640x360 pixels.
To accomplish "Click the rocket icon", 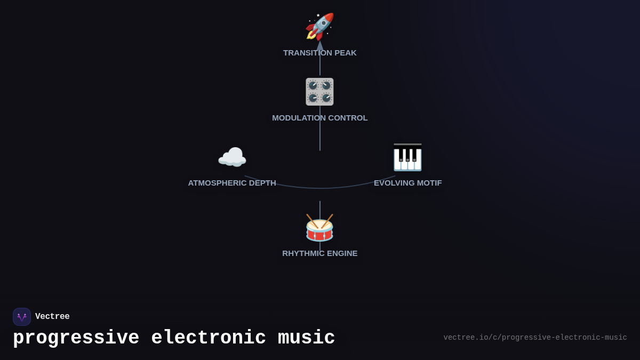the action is coord(319,27).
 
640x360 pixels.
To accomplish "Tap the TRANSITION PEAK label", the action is coord(319,53).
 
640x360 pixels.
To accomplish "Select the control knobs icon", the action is coord(319,92).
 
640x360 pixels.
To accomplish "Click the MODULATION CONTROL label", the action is coord(319,118).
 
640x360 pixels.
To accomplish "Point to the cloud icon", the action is coord(232,157).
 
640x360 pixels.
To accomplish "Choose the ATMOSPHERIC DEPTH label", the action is coord(232,183).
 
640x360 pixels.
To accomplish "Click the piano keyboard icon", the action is coord(407,157).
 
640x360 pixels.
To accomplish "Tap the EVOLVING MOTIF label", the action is coord(407,183).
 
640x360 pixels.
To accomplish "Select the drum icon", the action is coord(319,228).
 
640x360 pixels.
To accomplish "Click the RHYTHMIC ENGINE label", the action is coord(319,253).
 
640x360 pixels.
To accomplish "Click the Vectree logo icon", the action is coord(22,317).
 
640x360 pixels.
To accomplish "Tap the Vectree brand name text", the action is coord(52,317).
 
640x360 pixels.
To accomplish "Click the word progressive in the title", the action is coord(76,338).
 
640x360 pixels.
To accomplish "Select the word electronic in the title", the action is coord(209,338).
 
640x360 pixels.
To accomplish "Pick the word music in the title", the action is coord(306,338).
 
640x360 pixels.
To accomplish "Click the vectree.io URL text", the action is coord(535,338).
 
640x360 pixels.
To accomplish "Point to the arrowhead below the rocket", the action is coord(320,45).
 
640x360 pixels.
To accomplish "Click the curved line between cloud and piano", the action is coord(320,188).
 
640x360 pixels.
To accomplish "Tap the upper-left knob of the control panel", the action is coord(313,85).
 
